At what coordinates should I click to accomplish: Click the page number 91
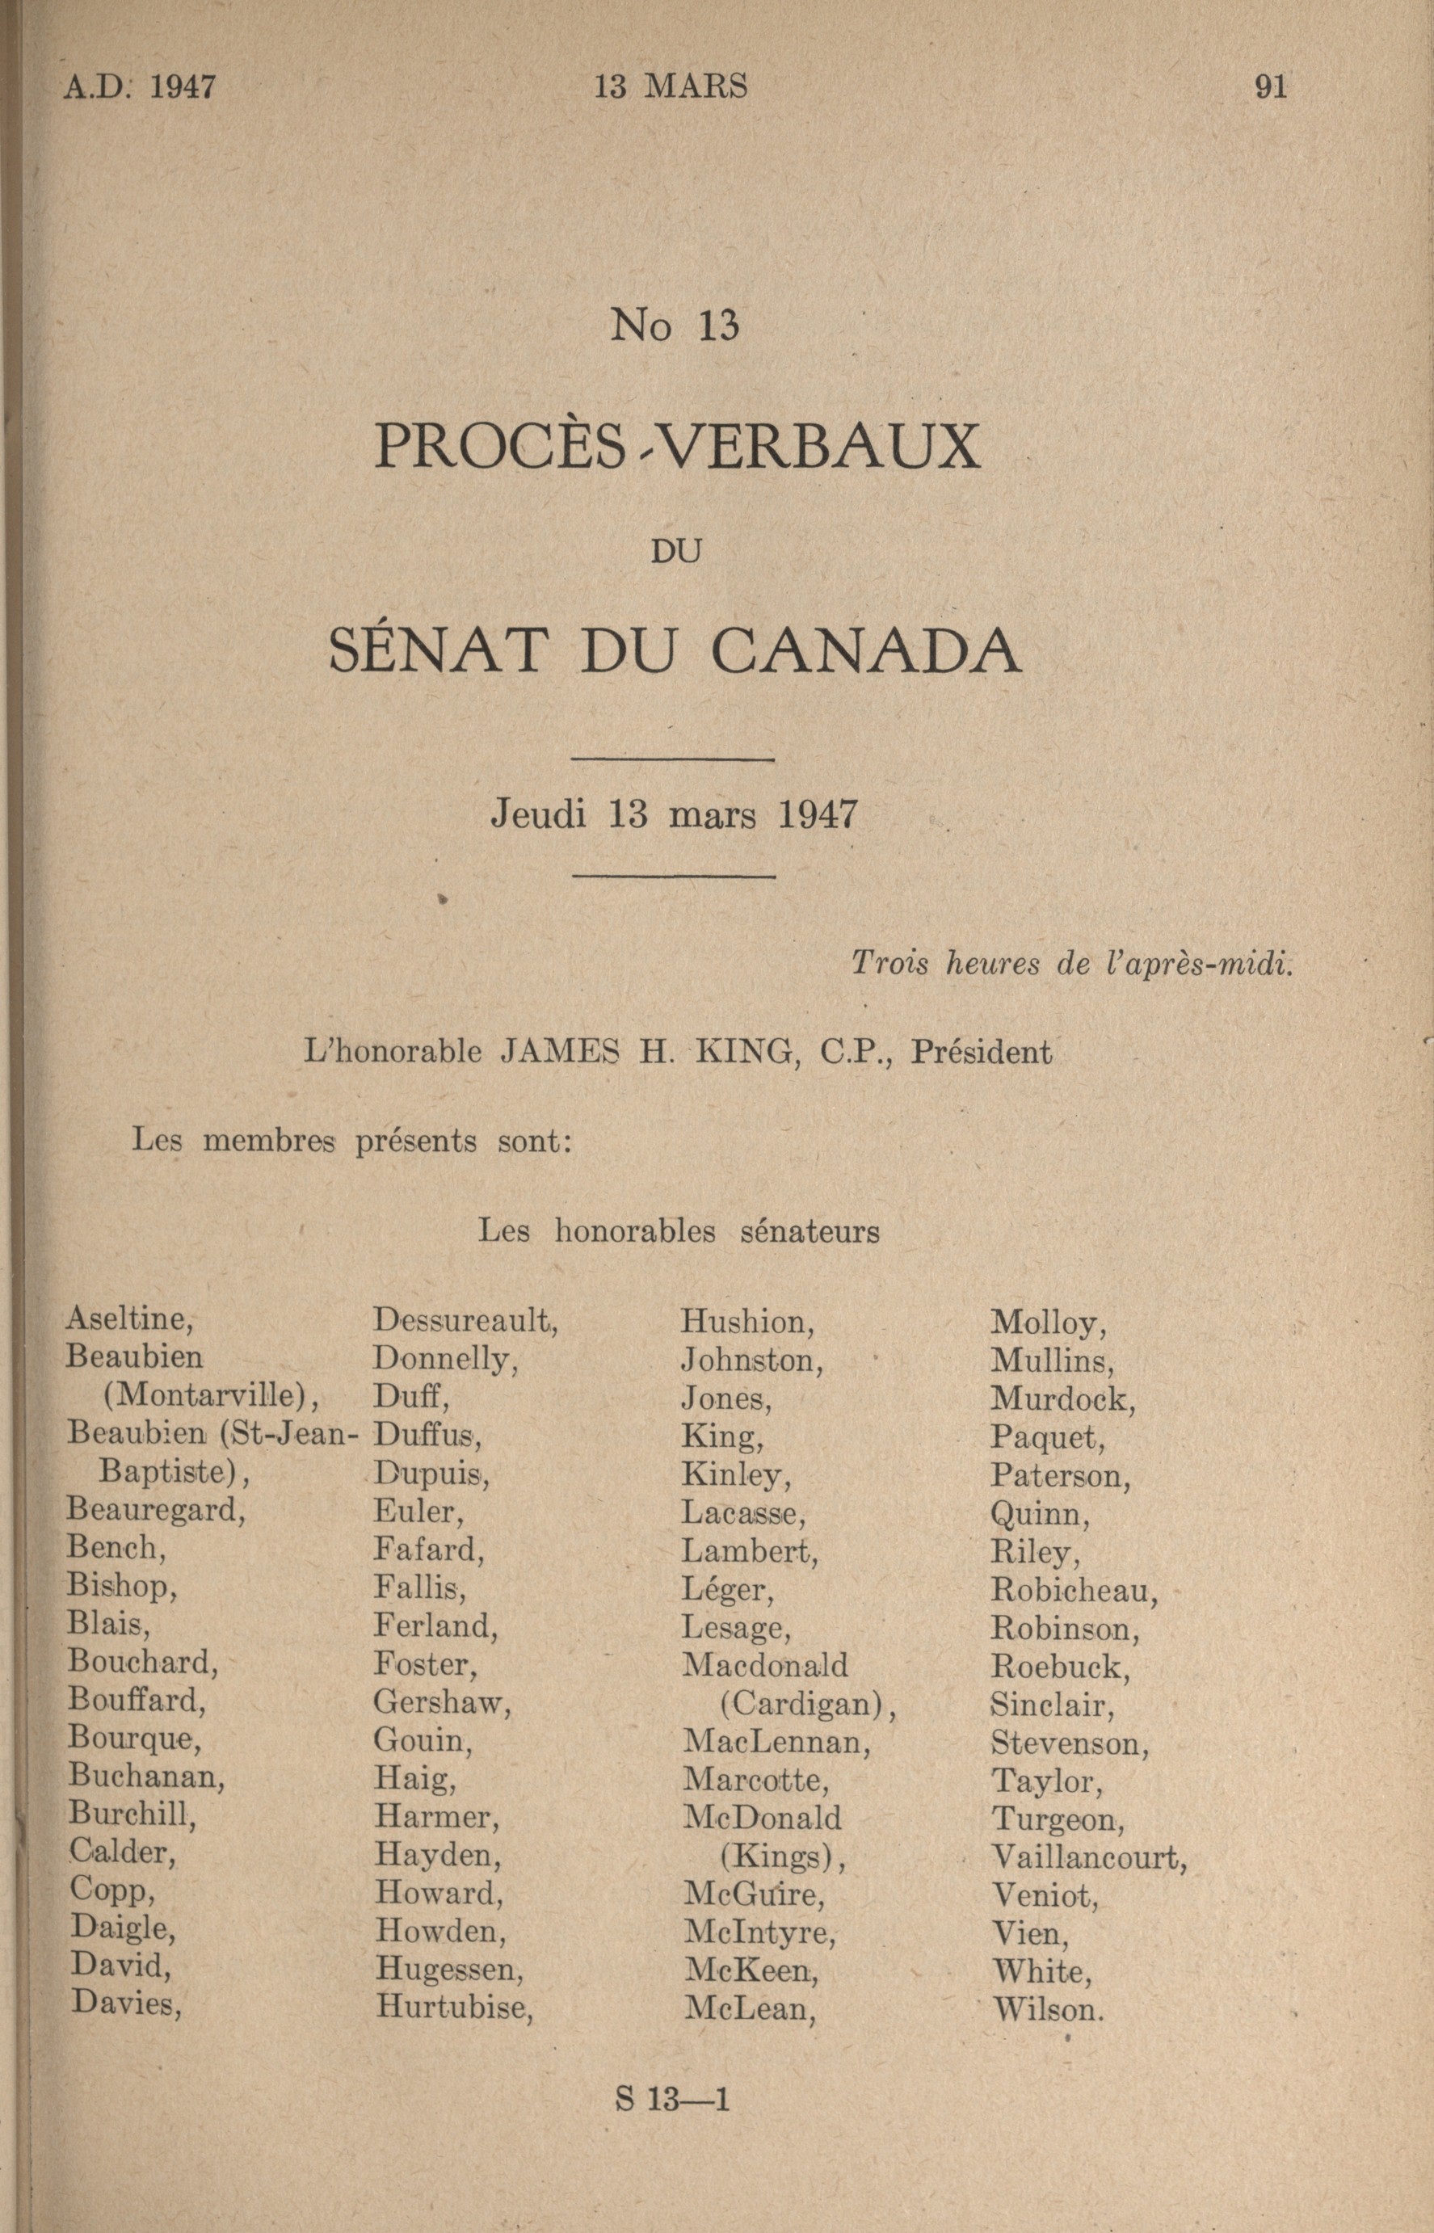point(1270,86)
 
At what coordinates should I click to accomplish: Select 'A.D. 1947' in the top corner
point(140,86)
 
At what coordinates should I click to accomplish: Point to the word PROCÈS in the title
point(498,447)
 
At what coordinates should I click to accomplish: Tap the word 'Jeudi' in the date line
point(539,815)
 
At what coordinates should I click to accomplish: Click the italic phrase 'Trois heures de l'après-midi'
point(1073,964)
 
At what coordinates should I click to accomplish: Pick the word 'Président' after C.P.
point(981,1051)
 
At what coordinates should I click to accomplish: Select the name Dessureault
point(465,1319)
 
